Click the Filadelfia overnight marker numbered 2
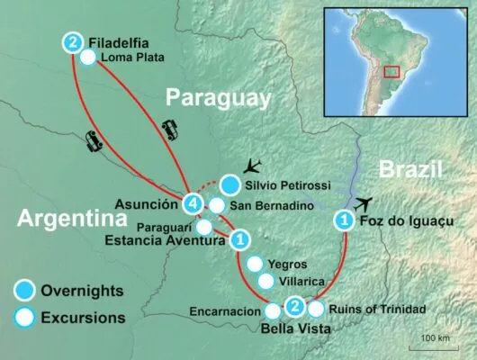(74, 40)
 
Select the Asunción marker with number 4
(191, 203)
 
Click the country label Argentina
(60, 220)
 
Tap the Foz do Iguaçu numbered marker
(343, 220)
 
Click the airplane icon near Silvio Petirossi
(253, 166)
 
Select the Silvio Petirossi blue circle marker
(230, 184)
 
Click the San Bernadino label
(273, 205)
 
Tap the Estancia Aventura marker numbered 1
(239, 240)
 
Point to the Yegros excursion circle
(255, 265)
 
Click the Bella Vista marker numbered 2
(294, 308)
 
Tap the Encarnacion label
(225, 311)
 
